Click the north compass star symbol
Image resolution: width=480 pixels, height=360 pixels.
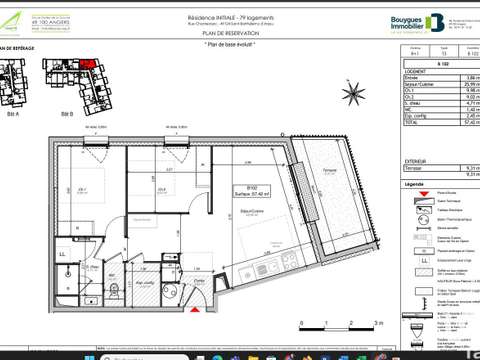(355, 94)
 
